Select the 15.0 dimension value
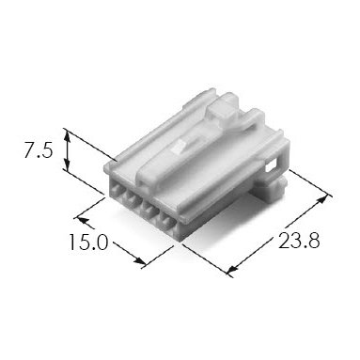87,243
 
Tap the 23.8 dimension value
299,241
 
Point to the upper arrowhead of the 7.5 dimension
67,136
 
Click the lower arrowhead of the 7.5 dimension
67,164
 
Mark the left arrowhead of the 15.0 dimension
83,220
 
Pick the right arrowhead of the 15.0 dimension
140,260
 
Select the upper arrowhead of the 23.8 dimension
322,200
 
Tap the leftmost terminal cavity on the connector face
115,189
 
